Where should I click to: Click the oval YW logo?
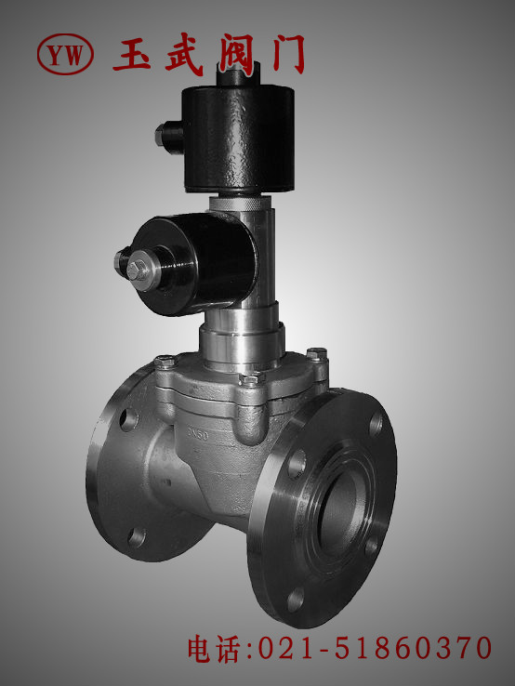click(65, 55)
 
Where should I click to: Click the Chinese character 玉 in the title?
click(132, 55)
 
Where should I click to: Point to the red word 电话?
click(214, 649)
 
